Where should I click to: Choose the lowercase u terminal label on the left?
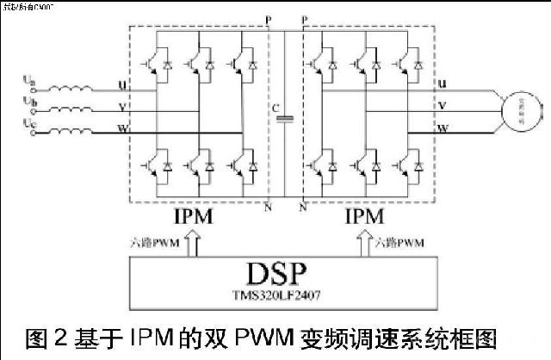point(120,84)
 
